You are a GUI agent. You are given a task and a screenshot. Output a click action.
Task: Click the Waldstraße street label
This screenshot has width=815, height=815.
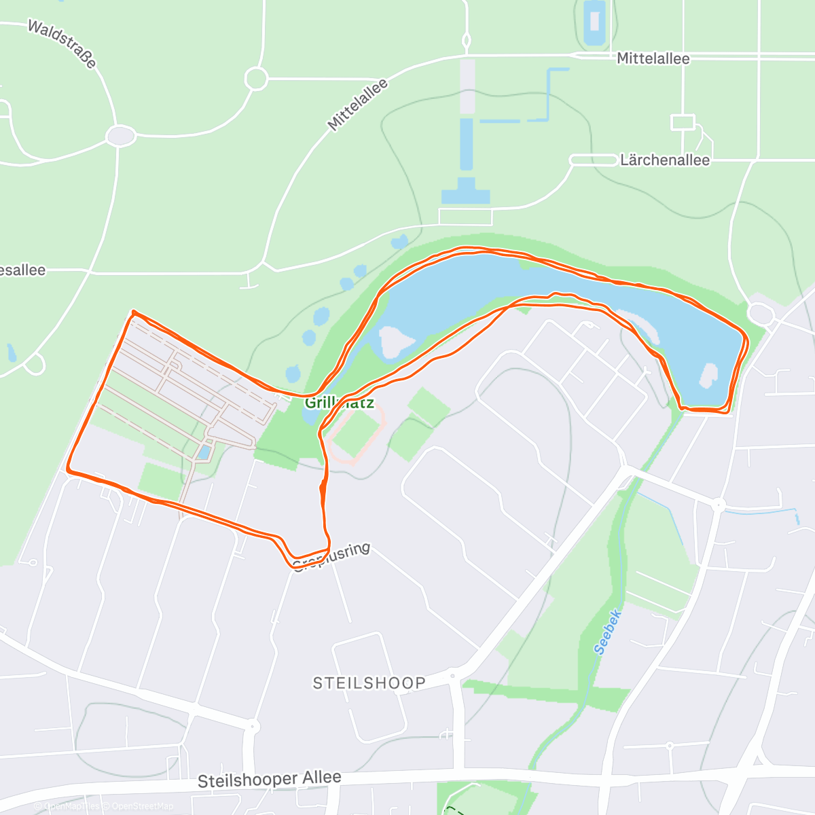click(x=62, y=43)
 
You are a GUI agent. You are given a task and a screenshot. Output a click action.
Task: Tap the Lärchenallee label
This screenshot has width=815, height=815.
click(x=664, y=160)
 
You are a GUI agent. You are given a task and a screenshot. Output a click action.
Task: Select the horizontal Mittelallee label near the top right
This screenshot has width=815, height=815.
click(x=653, y=59)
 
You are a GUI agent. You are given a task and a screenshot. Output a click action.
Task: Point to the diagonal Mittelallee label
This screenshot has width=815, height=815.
click(x=357, y=105)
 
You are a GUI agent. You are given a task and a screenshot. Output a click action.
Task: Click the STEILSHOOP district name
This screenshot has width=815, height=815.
click(x=369, y=683)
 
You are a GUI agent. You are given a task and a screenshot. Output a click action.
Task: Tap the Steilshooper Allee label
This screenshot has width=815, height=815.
click(x=269, y=780)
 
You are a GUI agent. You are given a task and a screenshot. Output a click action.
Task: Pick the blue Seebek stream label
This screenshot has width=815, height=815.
click(x=608, y=632)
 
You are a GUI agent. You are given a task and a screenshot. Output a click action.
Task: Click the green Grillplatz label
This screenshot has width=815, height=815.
click(x=339, y=403)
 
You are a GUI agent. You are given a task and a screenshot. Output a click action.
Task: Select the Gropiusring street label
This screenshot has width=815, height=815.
click(x=331, y=556)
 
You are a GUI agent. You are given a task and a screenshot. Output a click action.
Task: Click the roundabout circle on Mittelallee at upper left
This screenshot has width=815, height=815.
click(x=256, y=79)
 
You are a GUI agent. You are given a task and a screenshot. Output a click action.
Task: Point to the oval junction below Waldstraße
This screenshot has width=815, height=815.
click(x=121, y=137)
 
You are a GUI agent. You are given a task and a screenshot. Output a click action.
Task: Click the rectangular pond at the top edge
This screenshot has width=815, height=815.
click(x=594, y=24)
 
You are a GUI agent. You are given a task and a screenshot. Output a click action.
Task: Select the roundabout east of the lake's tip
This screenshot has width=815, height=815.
click(x=760, y=314)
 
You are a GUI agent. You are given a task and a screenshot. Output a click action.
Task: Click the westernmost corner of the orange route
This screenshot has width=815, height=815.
click(x=68, y=469)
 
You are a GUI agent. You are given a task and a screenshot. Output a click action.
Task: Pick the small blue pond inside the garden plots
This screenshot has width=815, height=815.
click(x=203, y=452)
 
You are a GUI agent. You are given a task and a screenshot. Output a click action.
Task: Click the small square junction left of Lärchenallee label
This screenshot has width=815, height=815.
click(x=683, y=122)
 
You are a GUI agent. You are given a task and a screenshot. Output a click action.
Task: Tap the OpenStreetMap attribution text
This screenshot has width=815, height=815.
click(x=142, y=806)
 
